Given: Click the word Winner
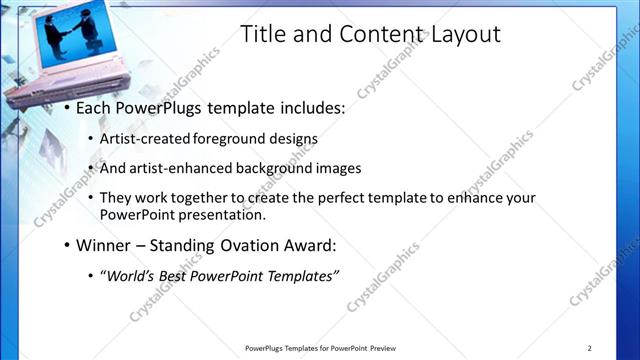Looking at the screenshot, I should pyautogui.click(x=107, y=244).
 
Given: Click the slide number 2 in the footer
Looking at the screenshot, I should pyautogui.click(x=589, y=348).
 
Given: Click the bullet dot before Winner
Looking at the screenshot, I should pyautogui.click(x=66, y=245).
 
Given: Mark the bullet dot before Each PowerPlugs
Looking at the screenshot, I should pyautogui.click(x=66, y=108).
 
